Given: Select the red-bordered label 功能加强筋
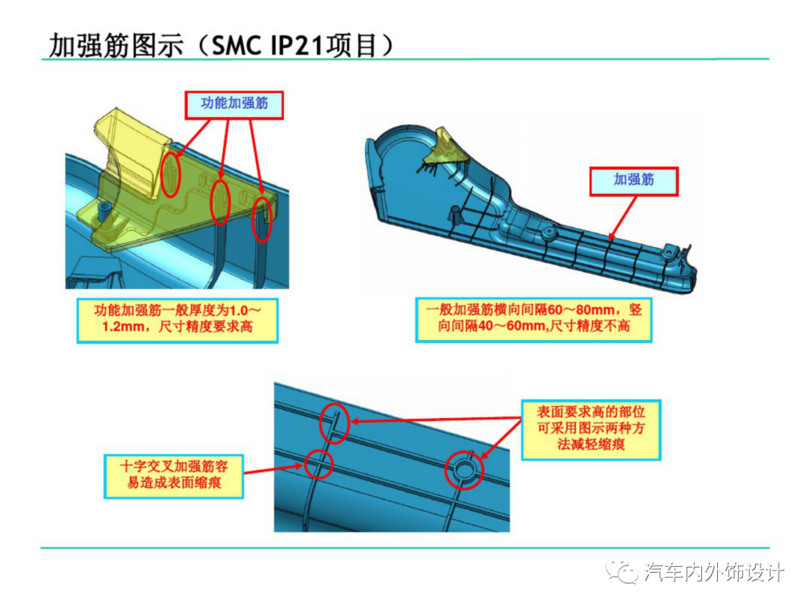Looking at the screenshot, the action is [235, 104].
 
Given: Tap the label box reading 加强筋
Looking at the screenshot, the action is [634, 180].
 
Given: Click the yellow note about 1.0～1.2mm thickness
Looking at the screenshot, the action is [177, 321].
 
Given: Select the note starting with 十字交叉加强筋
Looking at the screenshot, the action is [173, 474].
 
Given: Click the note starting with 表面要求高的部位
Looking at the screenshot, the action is [591, 428].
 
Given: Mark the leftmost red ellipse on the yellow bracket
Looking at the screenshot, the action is [171, 175].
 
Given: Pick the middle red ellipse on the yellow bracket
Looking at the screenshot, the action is [220, 200].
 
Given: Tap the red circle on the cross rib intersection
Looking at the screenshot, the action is [319, 465].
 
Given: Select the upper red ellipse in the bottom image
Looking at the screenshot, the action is [335, 422].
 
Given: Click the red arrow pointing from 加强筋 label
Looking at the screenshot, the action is [623, 218].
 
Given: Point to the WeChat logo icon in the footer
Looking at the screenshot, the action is [624, 573].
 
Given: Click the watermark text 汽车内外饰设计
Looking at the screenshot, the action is [714, 573].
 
